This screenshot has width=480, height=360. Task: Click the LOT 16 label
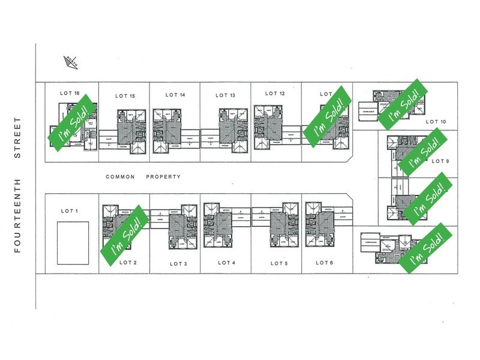[x=70, y=93]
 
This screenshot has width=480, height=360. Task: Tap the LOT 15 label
[x=124, y=95]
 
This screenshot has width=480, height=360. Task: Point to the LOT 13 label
[x=225, y=95]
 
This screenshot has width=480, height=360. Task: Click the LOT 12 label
[x=274, y=93]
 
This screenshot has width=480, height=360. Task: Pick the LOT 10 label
[x=436, y=122]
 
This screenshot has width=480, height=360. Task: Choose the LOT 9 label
[x=440, y=161]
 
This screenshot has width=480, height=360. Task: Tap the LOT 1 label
[x=70, y=211]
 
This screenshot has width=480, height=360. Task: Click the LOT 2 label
[x=128, y=262]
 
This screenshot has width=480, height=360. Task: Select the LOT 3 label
[x=178, y=264]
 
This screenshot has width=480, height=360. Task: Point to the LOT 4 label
[x=226, y=263]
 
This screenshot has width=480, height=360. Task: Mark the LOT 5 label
[x=280, y=263]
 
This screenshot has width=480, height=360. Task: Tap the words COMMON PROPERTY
[x=143, y=177]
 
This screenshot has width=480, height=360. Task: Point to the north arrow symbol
[x=70, y=60]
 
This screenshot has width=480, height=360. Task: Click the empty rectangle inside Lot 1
[x=73, y=240]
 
